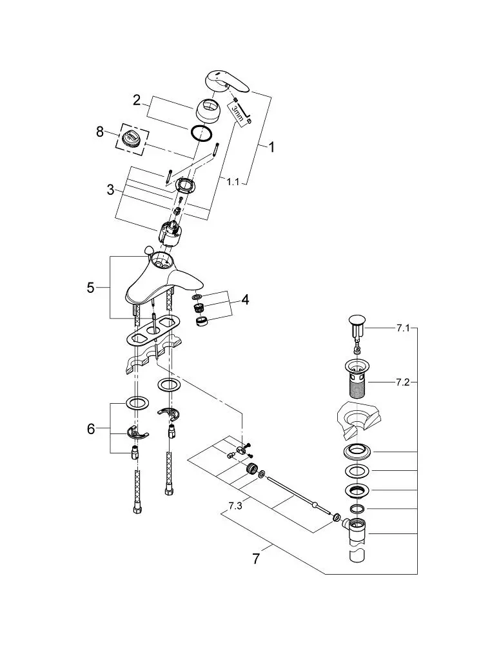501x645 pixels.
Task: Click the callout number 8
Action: [99, 132]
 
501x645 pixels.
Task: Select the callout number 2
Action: [137, 100]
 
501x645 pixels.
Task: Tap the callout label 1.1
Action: [233, 181]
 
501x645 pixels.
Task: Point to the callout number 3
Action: [110, 190]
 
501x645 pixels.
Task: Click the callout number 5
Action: [90, 288]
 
